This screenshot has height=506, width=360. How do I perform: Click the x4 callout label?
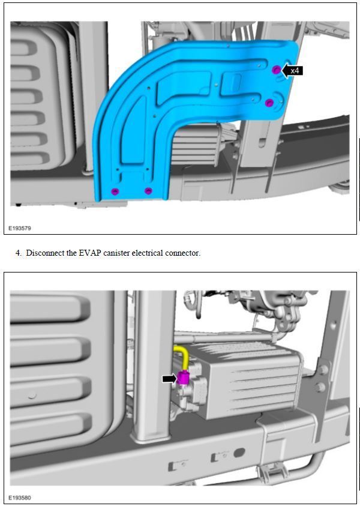[x=295, y=70]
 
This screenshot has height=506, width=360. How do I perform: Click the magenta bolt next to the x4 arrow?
[x=277, y=70]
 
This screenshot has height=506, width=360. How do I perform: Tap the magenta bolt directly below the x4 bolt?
[x=269, y=103]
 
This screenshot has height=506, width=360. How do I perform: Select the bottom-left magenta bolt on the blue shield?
[x=115, y=191]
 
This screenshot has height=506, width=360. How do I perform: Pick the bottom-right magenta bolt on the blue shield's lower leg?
[x=148, y=191]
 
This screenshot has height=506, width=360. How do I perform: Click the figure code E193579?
[x=20, y=228]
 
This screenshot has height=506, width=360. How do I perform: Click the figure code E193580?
[x=20, y=497]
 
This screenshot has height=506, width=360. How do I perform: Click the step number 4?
[x=19, y=253]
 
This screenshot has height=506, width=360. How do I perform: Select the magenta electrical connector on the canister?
[x=183, y=378]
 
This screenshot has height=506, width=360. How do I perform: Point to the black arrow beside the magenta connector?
[x=170, y=379]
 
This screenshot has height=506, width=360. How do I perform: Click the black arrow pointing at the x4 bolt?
[x=285, y=70]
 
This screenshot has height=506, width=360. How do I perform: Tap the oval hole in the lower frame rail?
[x=239, y=453]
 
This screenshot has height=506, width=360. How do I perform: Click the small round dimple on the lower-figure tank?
[x=32, y=395]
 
